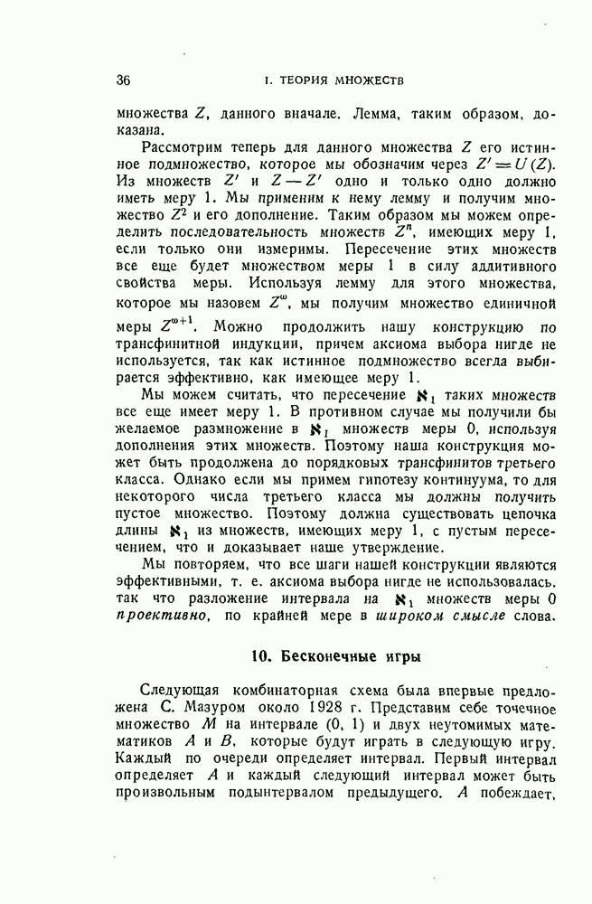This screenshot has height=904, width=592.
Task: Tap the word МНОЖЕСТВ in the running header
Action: point(364,81)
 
